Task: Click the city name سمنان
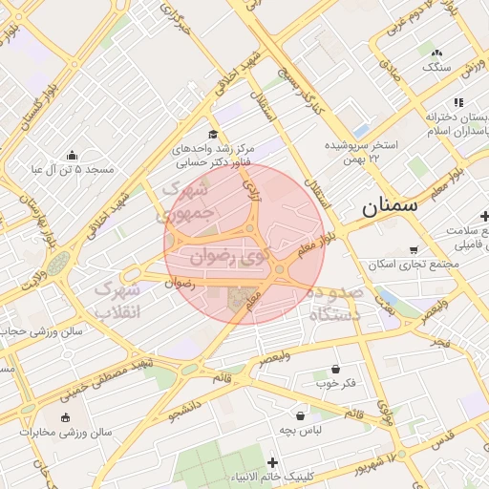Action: pyautogui.click(x=392, y=205)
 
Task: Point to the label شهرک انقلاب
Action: pyautogui.click(x=117, y=298)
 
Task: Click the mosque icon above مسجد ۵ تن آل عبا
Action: pyautogui.click(x=72, y=155)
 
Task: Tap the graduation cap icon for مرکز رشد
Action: pyautogui.click(x=212, y=135)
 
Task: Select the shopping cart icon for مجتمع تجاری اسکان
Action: pyautogui.click(x=414, y=249)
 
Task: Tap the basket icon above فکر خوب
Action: pyautogui.click(x=335, y=369)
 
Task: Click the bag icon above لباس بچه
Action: pyautogui.click(x=301, y=415)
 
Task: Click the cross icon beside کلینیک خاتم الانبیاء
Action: pyautogui.click(x=272, y=462)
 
